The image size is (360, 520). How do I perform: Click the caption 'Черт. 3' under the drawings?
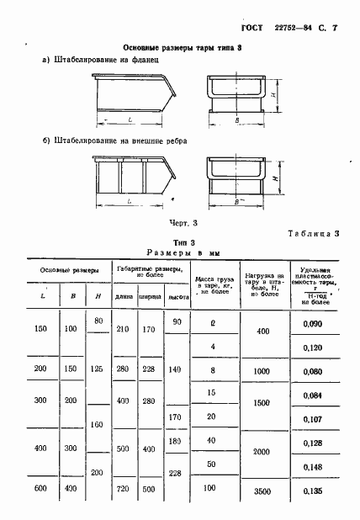[x=183, y=222]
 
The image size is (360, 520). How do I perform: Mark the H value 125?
[x=98, y=369]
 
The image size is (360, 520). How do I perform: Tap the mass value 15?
[x=213, y=393]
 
